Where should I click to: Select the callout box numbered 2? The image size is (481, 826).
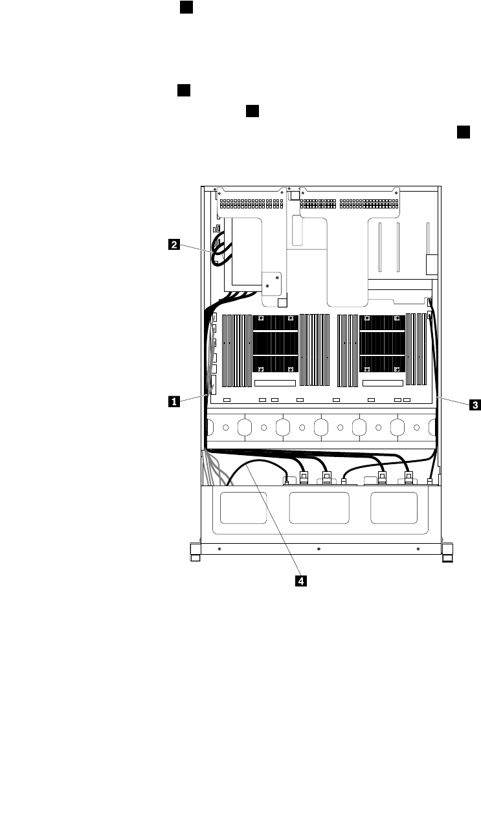coord(173,245)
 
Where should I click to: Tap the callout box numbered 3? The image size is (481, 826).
coord(475,405)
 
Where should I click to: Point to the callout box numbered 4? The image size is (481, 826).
coord(300,581)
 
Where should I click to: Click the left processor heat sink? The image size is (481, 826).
coord(275,344)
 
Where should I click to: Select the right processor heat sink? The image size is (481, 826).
coord(381,344)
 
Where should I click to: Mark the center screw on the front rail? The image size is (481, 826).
coord(319,548)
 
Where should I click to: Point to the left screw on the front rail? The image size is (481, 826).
coord(219,548)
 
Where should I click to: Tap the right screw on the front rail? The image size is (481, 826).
coord(418,548)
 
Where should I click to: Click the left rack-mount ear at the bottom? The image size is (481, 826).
coord(196,552)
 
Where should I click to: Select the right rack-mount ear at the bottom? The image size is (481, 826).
coord(446,552)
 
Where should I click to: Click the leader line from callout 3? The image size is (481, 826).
coord(453,400)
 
